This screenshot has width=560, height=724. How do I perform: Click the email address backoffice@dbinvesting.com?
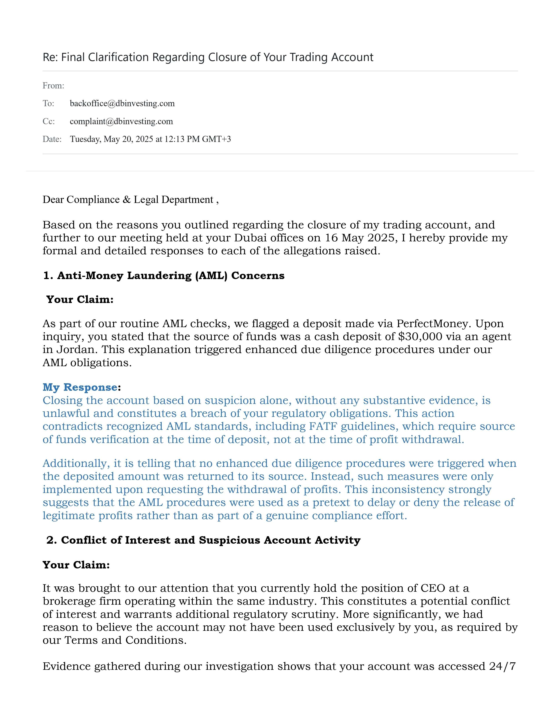coord(122,103)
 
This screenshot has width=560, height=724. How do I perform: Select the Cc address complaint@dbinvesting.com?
coord(121,121)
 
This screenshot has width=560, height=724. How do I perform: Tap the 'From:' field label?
coord(53,86)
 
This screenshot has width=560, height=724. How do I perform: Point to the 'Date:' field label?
coord(52,139)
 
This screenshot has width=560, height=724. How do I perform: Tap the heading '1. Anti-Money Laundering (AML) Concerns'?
coord(164,276)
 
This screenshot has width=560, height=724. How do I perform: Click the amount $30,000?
coord(420,337)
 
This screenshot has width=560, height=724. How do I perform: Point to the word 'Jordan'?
coord(77,349)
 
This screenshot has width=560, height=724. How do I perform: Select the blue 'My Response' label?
coord(80,387)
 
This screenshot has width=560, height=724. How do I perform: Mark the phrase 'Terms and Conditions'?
coord(125,640)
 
